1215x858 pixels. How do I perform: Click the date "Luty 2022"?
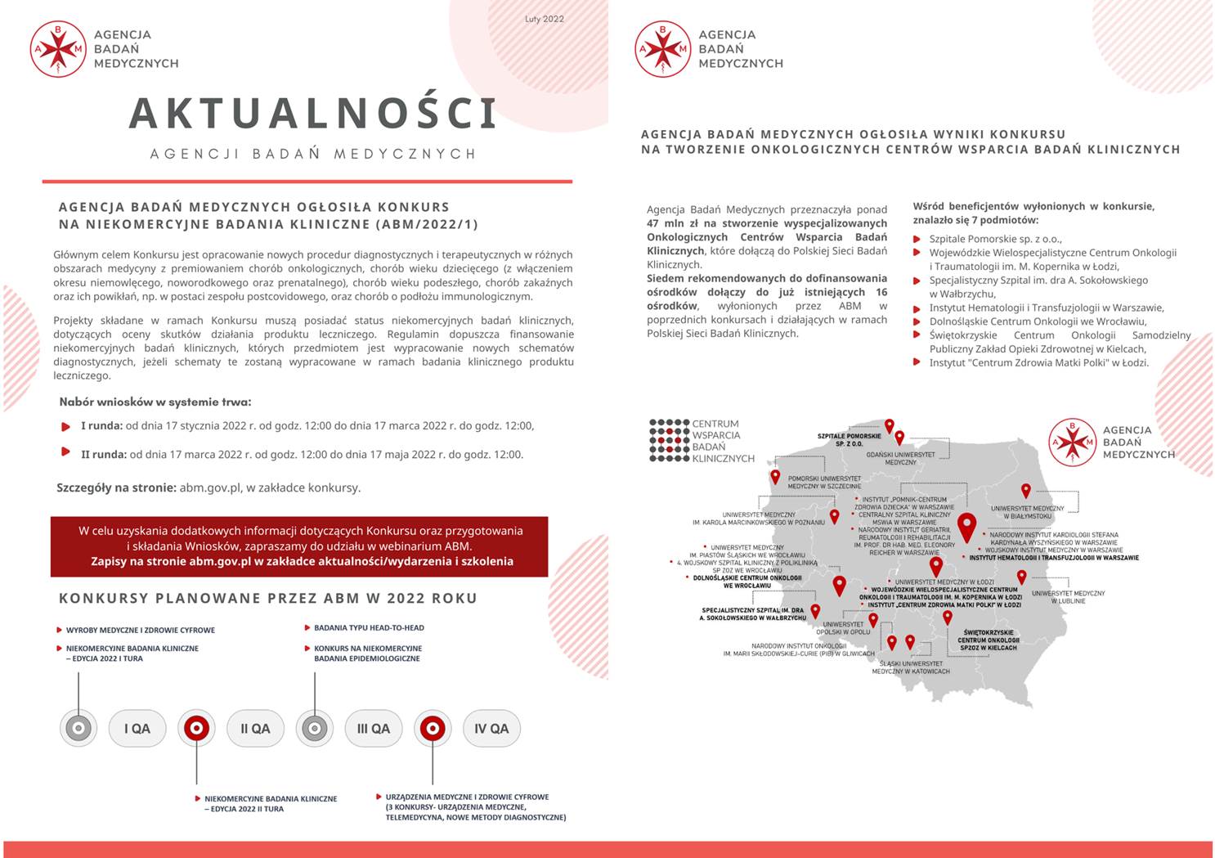point(544,19)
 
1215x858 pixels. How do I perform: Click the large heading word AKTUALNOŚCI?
point(313,114)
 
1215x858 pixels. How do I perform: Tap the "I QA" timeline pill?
point(137,729)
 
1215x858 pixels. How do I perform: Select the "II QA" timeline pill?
point(255,729)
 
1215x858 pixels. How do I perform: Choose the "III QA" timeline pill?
point(373,729)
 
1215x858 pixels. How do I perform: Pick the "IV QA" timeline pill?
point(491,729)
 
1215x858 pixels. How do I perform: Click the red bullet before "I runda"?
point(66,426)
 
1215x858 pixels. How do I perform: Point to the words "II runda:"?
point(103,455)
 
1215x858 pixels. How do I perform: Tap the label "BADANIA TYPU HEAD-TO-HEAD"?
point(369,628)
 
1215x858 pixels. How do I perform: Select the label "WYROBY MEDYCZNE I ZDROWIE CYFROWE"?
point(140,631)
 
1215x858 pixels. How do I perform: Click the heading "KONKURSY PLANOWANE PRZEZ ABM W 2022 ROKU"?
point(267,599)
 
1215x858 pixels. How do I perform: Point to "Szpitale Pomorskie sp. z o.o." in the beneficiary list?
point(995,239)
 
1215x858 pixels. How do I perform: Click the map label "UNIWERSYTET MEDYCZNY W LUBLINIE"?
point(1068,597)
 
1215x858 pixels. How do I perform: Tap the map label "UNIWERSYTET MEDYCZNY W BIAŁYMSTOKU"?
point(1027,512)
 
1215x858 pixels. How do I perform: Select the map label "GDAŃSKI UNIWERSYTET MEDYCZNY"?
point(900,458)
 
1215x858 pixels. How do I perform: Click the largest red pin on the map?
point(966,527)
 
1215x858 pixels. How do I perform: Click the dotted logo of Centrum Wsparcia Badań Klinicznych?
point(669,441)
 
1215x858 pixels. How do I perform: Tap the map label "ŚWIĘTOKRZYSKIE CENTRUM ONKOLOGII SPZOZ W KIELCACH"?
point(988,640)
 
